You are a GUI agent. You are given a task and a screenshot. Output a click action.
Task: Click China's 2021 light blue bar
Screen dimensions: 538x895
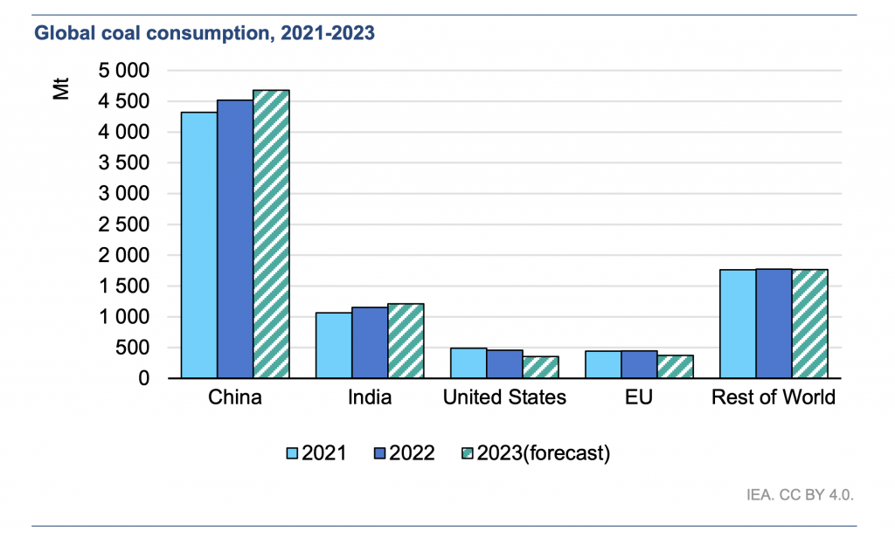tap(198, 245)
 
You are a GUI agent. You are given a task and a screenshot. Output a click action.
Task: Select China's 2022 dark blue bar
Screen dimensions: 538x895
tap(235, 239)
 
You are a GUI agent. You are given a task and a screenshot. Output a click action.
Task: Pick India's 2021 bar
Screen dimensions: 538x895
tap(334, 346)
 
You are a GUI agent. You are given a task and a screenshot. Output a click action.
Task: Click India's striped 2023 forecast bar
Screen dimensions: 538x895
tap(406, 341)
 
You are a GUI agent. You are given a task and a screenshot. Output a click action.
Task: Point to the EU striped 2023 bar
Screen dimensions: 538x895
tap(675, 367)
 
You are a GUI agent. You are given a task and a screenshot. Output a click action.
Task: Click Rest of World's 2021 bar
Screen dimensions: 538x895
tap(738, 324)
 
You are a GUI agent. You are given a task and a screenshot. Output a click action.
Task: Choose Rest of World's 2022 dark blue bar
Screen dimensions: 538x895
tap(774, 324)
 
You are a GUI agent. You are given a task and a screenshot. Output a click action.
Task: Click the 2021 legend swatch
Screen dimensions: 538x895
tap(293, 453)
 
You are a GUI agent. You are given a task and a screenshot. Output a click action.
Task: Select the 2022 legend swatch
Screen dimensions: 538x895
tap(380, 453)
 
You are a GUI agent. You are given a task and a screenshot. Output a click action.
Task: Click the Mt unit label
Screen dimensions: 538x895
tap(61, 90)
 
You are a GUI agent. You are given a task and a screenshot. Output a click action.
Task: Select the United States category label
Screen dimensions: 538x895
tap(504, 398)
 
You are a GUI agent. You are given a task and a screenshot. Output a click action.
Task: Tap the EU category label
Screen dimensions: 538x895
tap(639, 398)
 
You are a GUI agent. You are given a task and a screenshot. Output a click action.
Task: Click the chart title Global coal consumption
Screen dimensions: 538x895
tap(204, 34)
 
